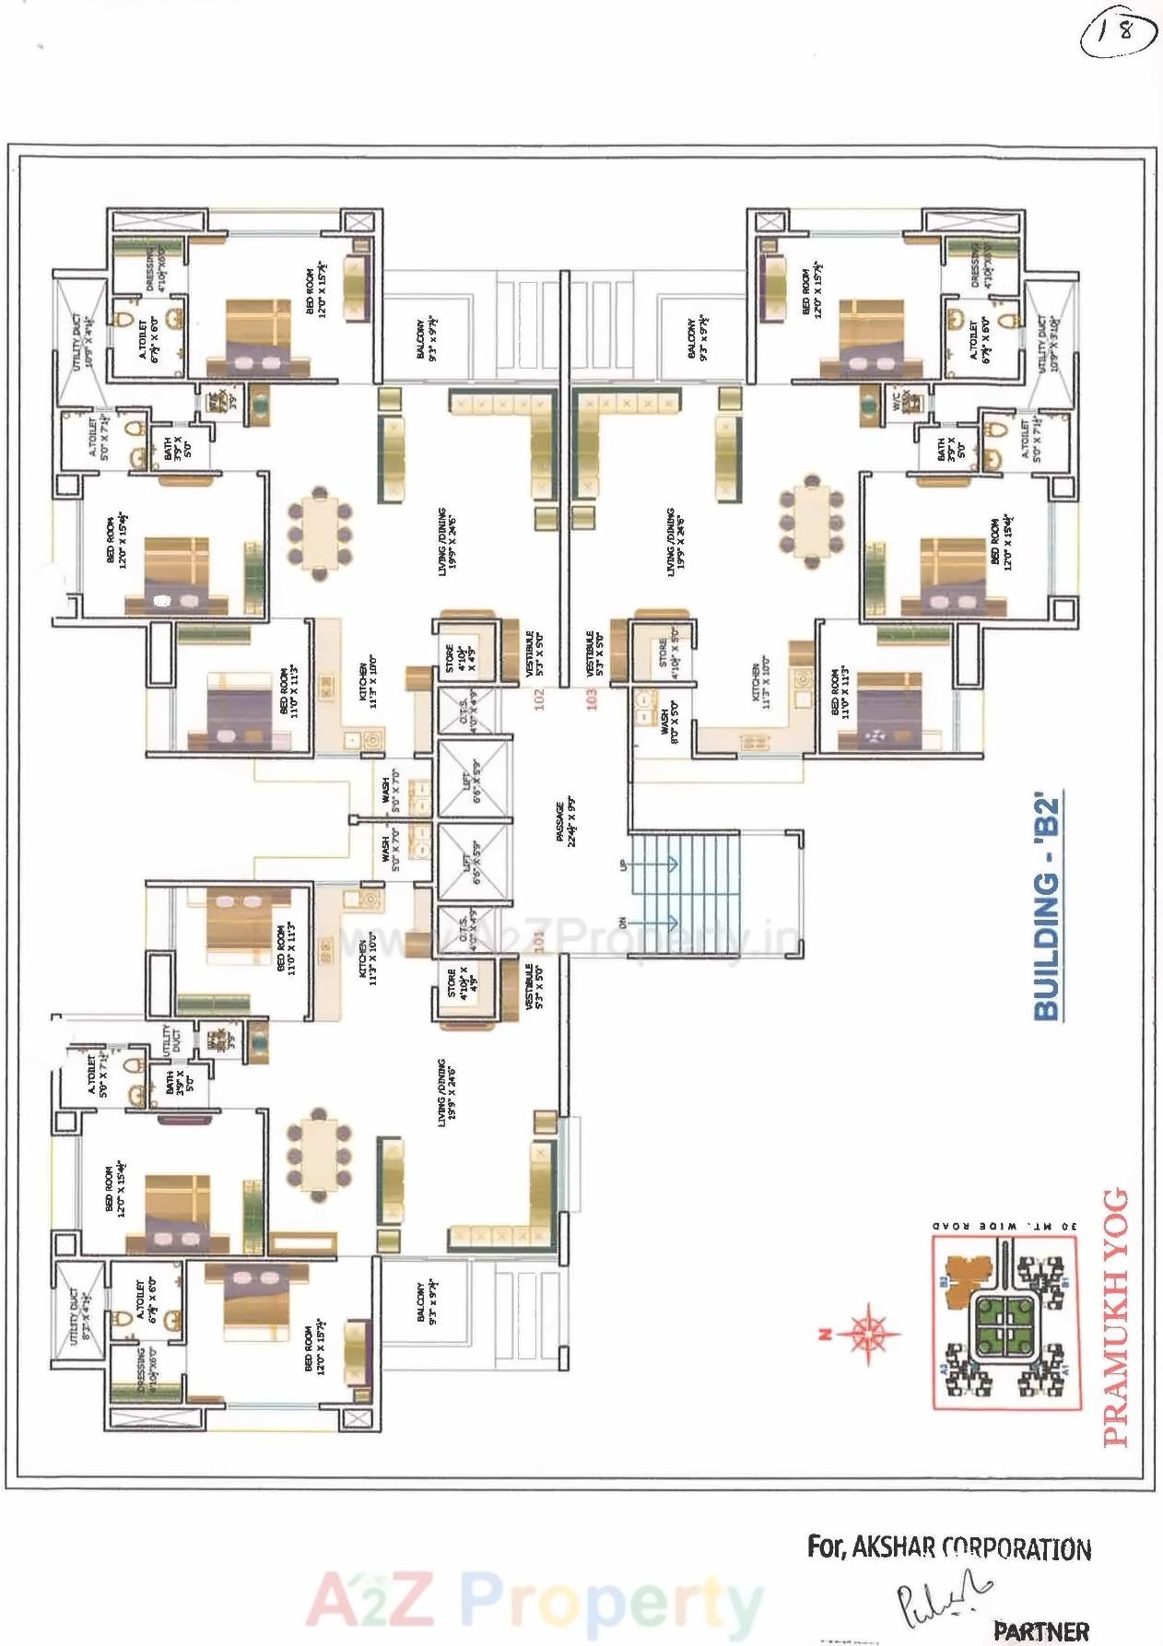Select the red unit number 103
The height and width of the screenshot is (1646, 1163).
[x=592, y=698]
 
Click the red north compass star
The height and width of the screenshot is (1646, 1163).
[x=867, y=1332]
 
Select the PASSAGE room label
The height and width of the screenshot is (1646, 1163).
[x=566, y=822]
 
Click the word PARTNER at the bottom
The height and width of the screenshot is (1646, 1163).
[x=1040, y=1630]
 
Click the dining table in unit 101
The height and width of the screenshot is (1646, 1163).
[x=319, y=1158]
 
